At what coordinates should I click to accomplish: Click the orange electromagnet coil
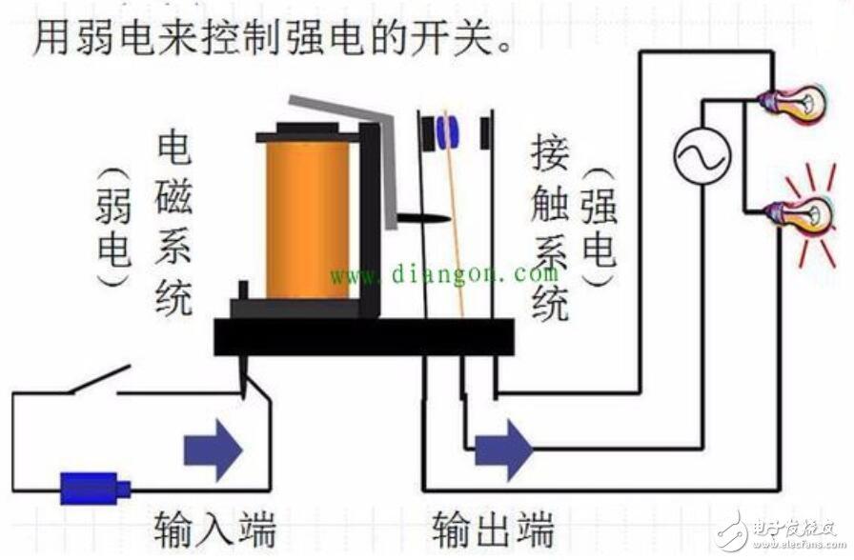307,219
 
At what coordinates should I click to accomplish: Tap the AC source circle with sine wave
702,155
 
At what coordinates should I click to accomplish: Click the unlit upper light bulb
793,104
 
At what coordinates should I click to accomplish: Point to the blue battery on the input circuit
94,488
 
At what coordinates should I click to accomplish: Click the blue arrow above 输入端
213,450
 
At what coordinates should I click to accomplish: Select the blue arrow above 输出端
503,450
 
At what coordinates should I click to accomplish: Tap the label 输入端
215,528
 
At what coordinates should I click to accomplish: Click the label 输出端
494,528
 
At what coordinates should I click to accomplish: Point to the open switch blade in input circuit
99,379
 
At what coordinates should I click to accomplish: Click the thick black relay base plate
364,337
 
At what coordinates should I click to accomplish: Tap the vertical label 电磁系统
173,224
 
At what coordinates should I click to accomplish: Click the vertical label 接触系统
550,228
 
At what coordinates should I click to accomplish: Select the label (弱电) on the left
113,227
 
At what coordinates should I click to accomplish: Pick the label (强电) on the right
600,227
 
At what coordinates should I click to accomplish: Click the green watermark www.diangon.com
444,275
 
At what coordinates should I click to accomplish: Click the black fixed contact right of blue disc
485,132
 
